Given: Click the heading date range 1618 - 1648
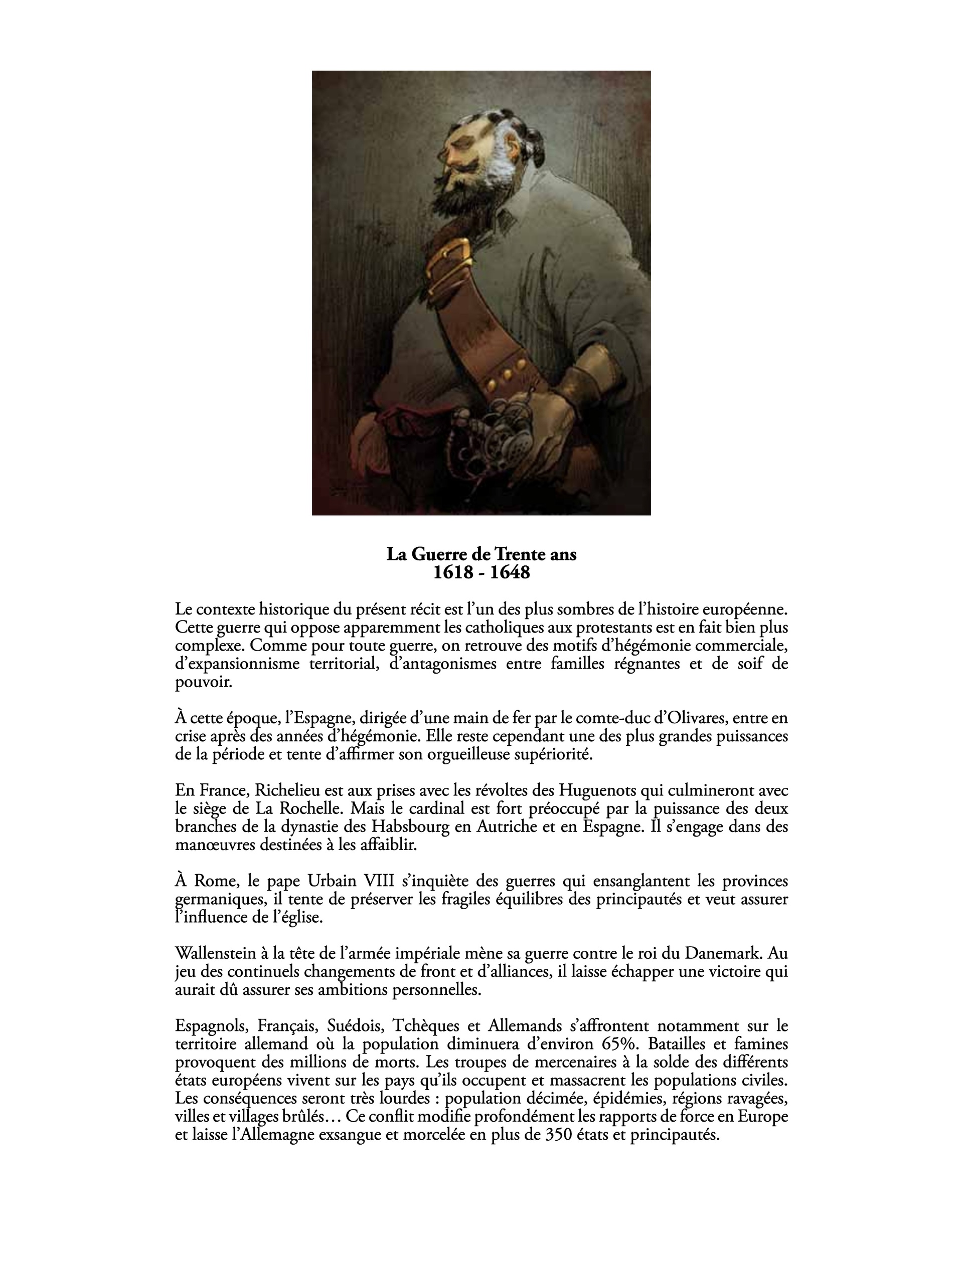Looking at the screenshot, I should [481, 572].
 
